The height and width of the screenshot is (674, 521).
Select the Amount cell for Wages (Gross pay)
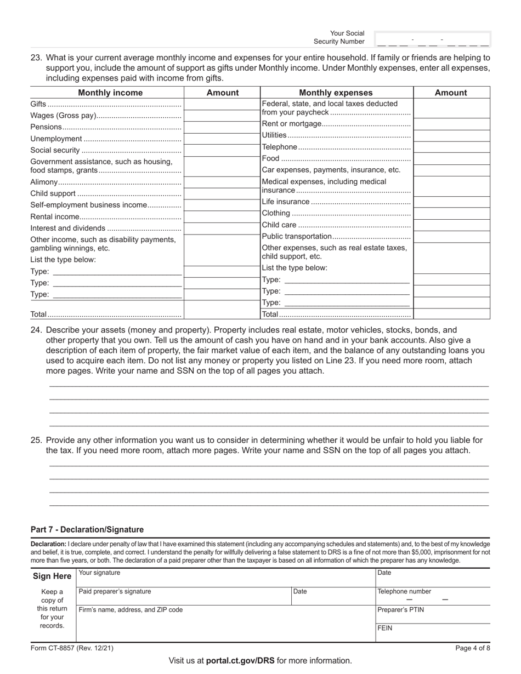tap(222, 116)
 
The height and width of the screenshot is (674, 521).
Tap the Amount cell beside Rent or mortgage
tap(451, 124)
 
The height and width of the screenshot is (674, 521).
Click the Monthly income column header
tap(110, 93)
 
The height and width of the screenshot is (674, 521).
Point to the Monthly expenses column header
tap(336, 93)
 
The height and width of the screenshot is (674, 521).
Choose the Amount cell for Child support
tap(222, 193)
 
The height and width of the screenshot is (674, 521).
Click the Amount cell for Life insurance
tap(451, 202)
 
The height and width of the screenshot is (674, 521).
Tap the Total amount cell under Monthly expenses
tap(451, 314)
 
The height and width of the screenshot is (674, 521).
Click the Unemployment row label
tap(56, 139)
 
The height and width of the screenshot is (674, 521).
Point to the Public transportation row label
tap(297, 236)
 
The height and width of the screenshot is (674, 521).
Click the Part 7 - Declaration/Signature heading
tap(87, 530)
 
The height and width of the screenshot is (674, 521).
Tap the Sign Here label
tap(52, 576)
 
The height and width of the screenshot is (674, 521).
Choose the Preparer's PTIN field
tap(432, 614)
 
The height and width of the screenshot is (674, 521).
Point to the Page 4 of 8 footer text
tap(472, 648)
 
